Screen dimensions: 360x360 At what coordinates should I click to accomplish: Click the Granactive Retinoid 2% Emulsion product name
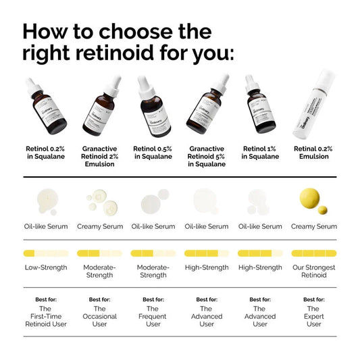tap(100, 156)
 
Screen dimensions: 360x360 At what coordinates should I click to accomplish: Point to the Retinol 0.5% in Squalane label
tap(153, 152)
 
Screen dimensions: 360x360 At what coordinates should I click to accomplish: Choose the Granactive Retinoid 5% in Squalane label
tap(207, 156)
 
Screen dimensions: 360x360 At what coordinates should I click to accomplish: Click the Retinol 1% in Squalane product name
tap(260, 152)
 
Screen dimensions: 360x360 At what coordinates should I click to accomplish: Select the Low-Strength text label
tap(46, 267)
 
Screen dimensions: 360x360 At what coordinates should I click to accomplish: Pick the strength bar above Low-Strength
tap(46, 253)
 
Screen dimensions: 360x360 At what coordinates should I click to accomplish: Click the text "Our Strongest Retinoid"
tap(313, 272)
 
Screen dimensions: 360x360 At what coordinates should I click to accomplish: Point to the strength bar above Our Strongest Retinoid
tap(313, 253)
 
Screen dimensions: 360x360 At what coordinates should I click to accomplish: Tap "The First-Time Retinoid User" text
tap(46, 316)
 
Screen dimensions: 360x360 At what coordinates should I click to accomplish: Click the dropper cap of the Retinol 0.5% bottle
tap(145, 84)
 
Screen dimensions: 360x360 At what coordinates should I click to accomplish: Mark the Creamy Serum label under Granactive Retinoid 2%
tap(100, 227)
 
